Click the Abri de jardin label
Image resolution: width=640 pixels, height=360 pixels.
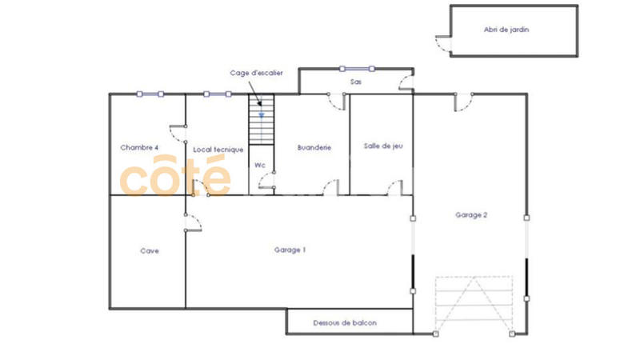506,30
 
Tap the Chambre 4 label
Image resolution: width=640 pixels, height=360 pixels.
139,147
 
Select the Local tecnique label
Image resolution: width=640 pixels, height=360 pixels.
218,150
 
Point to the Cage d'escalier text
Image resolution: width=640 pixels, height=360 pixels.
256,73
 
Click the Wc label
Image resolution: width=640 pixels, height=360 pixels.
259,165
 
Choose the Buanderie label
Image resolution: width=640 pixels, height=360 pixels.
314,147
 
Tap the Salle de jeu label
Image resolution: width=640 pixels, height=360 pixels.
382,146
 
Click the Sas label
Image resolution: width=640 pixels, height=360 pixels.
356,82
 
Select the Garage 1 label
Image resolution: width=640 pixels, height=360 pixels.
290,250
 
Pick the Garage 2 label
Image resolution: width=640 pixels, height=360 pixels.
471,214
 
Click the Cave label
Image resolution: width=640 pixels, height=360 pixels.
150,250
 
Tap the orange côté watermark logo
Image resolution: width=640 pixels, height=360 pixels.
174,178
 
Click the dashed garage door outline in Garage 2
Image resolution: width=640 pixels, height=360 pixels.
473,305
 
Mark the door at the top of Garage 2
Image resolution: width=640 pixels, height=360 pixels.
463,102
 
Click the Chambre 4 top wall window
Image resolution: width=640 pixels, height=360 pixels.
150,94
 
